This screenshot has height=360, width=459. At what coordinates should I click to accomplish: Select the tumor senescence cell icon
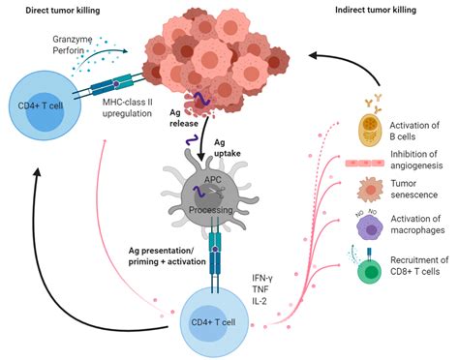pyautogui.click(x=372, y=190)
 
